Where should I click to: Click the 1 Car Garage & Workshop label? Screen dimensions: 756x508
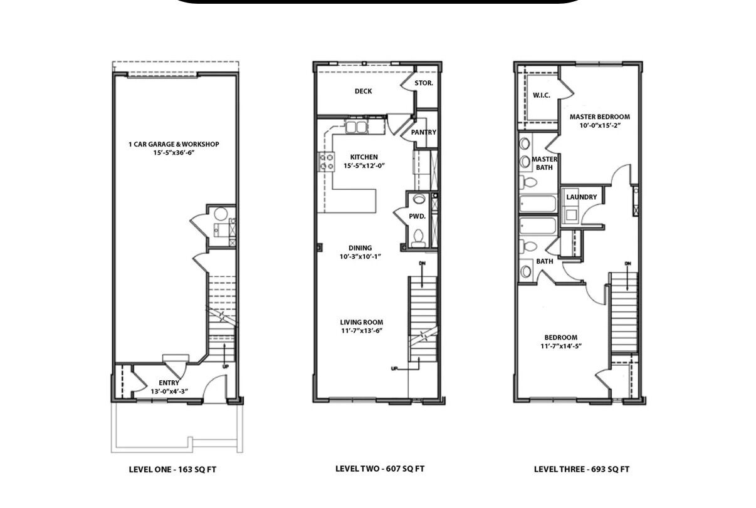tap(174, 144)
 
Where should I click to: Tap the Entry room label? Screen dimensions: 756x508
tap(169, 383)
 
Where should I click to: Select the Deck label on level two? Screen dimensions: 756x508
tap(363, 91)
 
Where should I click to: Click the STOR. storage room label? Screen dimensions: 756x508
tap(424, 83)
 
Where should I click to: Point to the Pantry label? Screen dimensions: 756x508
tap(424, 132)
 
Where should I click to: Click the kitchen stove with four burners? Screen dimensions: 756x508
tap(327, 162)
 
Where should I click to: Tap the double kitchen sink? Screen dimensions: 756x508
tap(357, 127)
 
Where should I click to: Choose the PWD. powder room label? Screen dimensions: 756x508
tap(417, 216)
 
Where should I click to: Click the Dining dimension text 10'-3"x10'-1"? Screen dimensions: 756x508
tap(360, 257)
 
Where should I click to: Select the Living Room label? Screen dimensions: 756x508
tap(362, 322)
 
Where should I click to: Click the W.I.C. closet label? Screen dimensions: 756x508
tap(542, 95)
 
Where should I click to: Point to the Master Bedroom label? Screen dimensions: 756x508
tap(600, 117)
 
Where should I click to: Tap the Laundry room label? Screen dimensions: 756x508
tap(582, 197)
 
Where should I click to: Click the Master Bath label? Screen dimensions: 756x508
tap(544, 163)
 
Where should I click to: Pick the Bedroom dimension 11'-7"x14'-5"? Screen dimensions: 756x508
tap(561, 346)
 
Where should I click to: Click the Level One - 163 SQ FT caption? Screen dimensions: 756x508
tap(172, 470)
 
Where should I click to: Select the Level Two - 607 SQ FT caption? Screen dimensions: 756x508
tap(380, 469)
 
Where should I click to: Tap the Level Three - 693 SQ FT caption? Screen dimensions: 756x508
tap(582, 469)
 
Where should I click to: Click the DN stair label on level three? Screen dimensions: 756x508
tap(627, 264)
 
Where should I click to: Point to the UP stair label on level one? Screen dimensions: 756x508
tap(226, 366)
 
